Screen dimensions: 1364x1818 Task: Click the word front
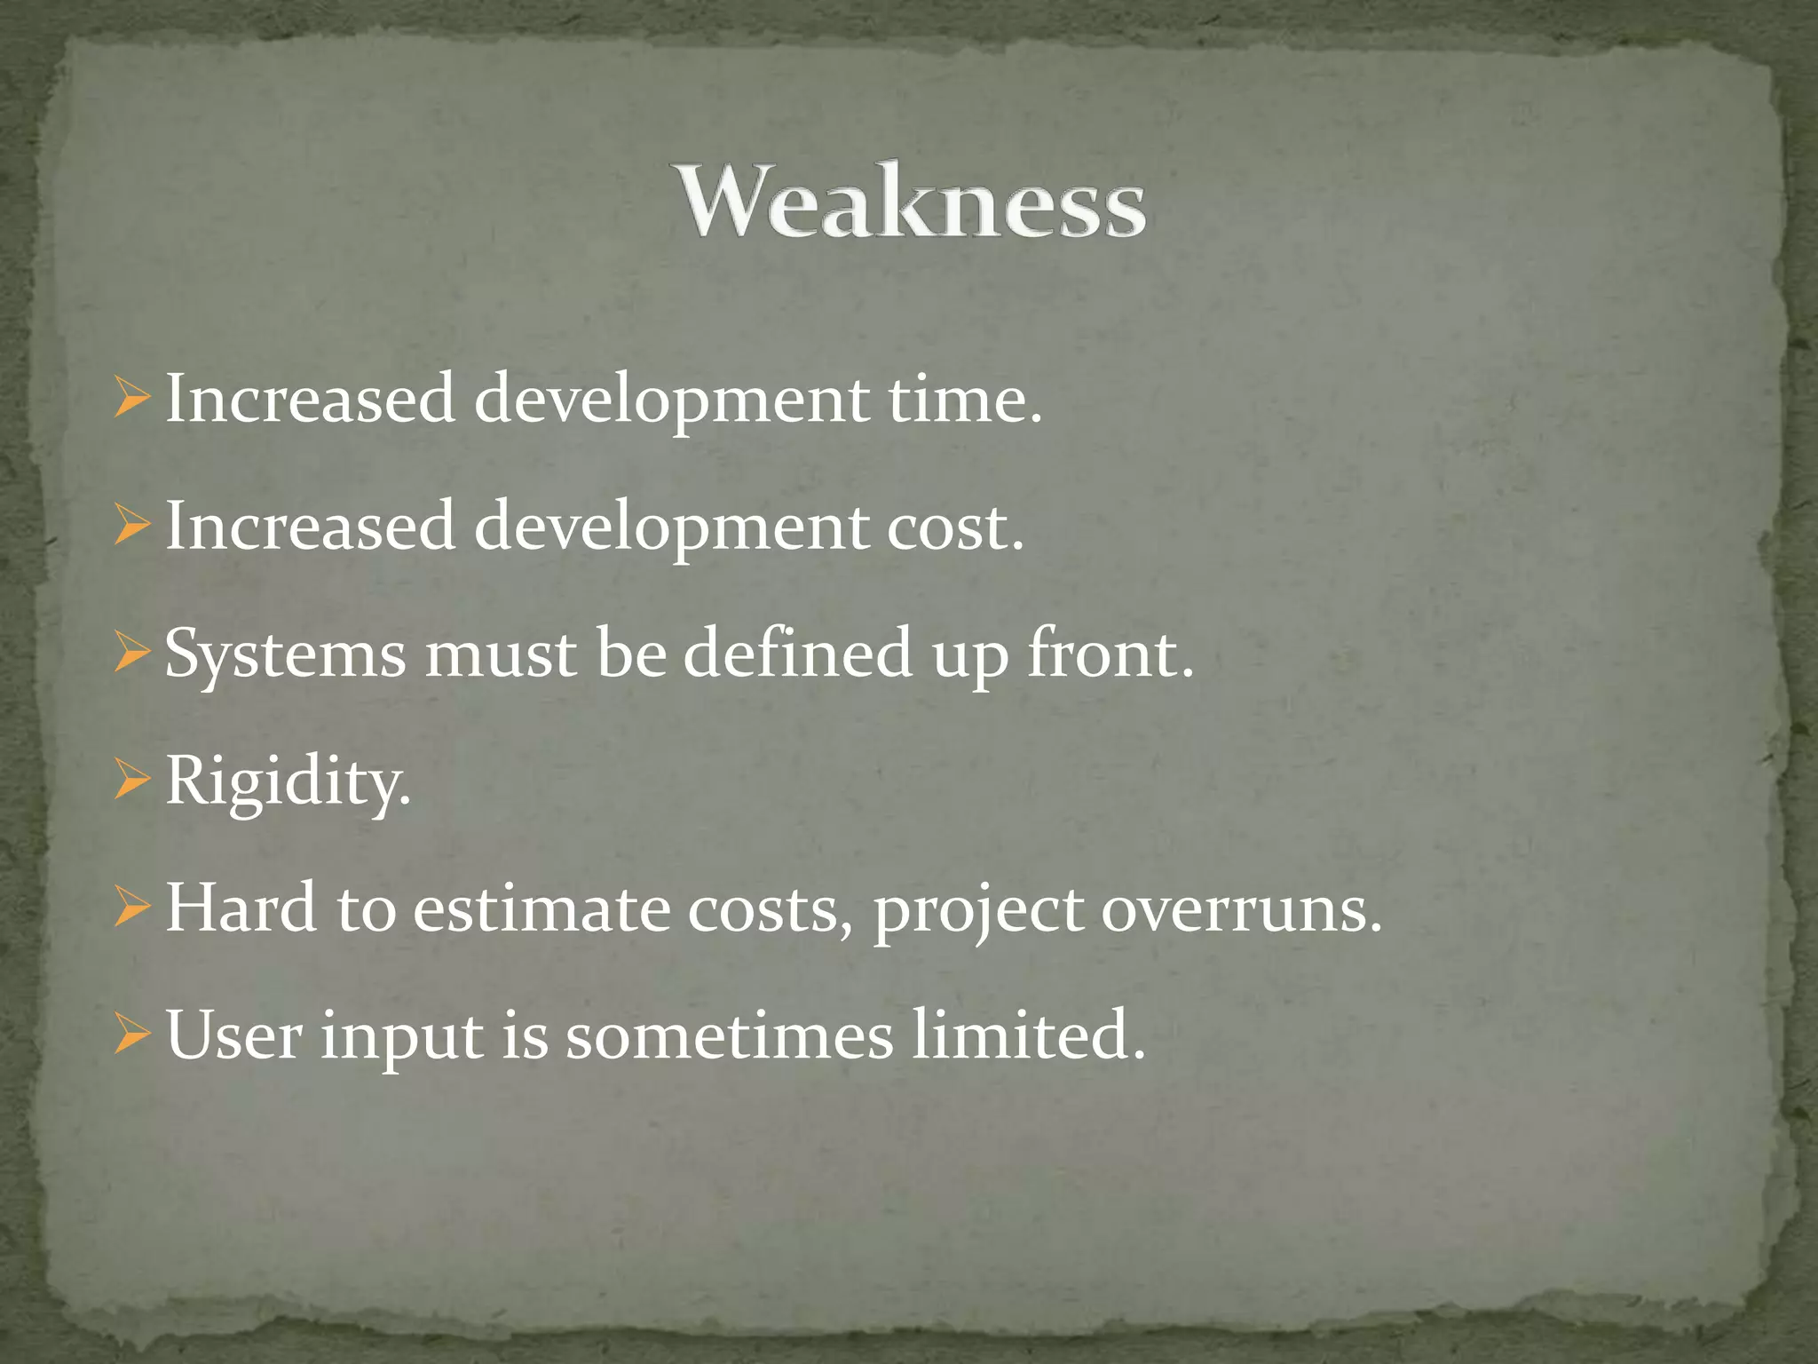[x=1110, y=654]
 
